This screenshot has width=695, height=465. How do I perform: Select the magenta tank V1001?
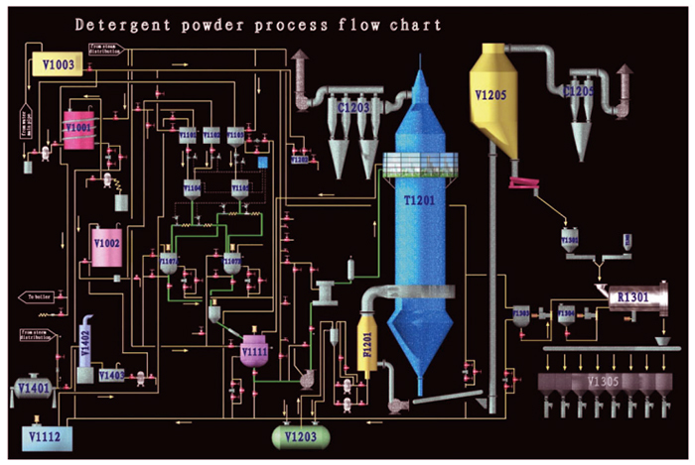(77, 128)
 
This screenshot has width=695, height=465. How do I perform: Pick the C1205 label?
(581, 92)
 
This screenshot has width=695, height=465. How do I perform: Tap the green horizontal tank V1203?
(300, 436)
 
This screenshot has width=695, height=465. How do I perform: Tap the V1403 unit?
(112, 375)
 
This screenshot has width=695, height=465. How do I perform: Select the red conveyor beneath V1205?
(523, 183)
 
